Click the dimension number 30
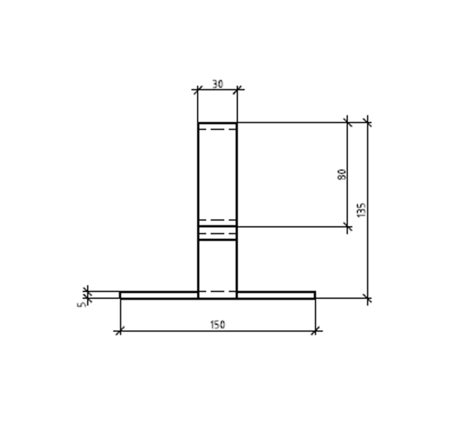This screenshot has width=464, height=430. click(x=218, y=85)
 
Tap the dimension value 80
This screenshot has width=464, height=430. click(x=341, y=174)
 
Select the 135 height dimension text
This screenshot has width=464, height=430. click(x=362, y=210)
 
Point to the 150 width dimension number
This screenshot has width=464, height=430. click(x=218, y=325)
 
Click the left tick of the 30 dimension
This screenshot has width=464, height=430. click(x=198, y=89)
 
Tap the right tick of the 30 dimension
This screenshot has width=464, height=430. click(x=237, y=89)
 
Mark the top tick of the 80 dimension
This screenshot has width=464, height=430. click(x=347, y=122)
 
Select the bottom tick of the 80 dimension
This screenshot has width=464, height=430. click(x=347, y=227)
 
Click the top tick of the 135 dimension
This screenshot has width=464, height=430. click(x=368, y=122)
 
